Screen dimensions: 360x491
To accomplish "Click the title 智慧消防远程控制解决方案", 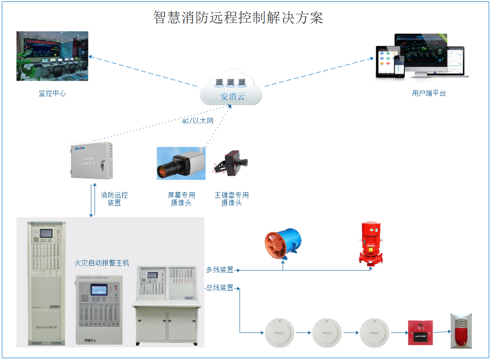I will click(238, 17).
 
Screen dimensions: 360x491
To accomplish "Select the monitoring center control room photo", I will click(52, 56).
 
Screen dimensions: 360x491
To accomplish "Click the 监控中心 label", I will click(52, 93).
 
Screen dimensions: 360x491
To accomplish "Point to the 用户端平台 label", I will click(429, 93).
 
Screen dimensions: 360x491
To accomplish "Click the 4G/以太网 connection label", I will click(197, 121).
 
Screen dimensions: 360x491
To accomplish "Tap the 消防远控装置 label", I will click(114, 199).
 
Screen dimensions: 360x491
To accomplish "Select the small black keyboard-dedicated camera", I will click(231, 164).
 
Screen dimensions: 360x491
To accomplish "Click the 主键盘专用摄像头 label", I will click(231, 199).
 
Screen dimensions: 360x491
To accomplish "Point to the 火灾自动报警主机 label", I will click(102, 263).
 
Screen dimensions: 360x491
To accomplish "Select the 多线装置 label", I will click(220, 270).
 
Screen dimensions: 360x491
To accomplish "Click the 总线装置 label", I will click(220, 288).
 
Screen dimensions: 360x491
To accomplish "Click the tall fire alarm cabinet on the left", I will click(46, 283).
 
